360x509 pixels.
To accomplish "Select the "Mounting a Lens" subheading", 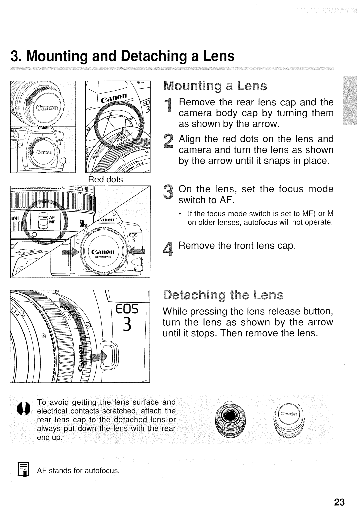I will pos(215,86).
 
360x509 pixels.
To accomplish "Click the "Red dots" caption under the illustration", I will pos(106,179).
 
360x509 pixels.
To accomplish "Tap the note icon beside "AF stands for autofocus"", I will pos(26,470).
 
